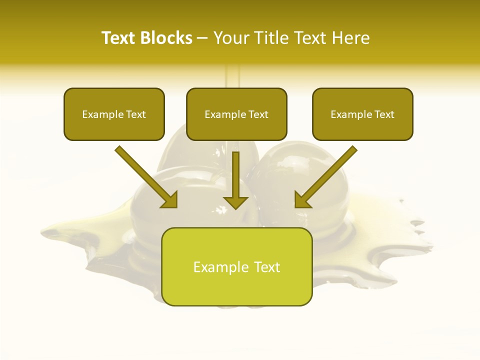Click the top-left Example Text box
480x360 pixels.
pos(114,114)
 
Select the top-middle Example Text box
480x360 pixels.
pos(236,114)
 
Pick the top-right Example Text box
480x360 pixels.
pos(362,114)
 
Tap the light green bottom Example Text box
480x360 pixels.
pos(236,267)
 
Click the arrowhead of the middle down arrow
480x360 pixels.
pos(235,201)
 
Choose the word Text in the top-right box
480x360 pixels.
pos(384,114)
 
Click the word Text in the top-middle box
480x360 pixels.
pos(258,114)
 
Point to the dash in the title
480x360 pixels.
pos(202,38)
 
